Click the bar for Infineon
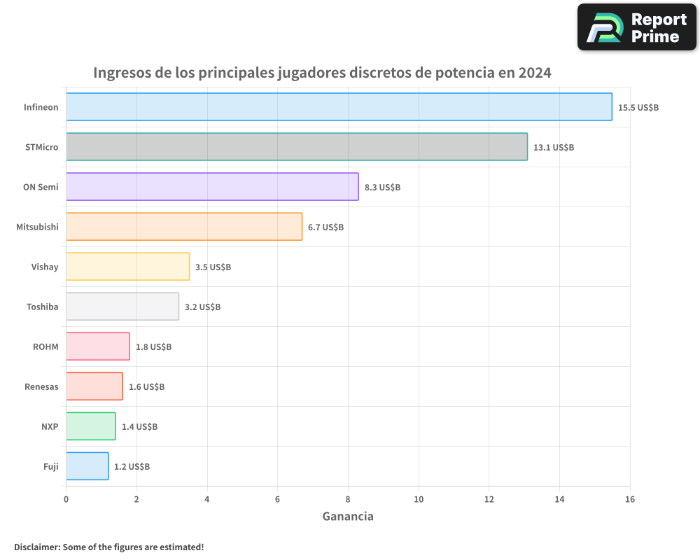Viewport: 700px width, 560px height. coord(339,107)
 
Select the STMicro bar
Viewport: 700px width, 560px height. coord(297,147)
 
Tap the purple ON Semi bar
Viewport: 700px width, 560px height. coord(212,187)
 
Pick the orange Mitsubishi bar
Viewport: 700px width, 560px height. coord(184,227)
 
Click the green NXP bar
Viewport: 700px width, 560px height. coord(91,426)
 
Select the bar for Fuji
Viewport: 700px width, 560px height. coord(87,466)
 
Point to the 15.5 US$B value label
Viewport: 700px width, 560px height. coord(638,108)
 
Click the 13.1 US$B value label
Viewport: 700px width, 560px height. coord(554,148)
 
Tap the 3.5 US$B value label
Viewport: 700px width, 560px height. coord(213,267)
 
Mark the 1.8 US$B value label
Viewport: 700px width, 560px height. coord(153,347)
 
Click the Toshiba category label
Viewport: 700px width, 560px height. coord(43,307)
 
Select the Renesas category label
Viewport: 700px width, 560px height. coord(41,386)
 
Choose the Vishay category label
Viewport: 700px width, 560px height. coord(45,267)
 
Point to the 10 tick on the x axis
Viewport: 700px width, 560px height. coord(419,499)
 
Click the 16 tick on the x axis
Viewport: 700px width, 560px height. coord(630,499)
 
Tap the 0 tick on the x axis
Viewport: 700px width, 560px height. coord(66,499)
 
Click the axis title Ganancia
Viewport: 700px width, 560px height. coord(348,517)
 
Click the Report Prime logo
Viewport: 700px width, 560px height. coord(637,27)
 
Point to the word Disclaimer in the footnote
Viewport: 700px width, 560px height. coord(37,547)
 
